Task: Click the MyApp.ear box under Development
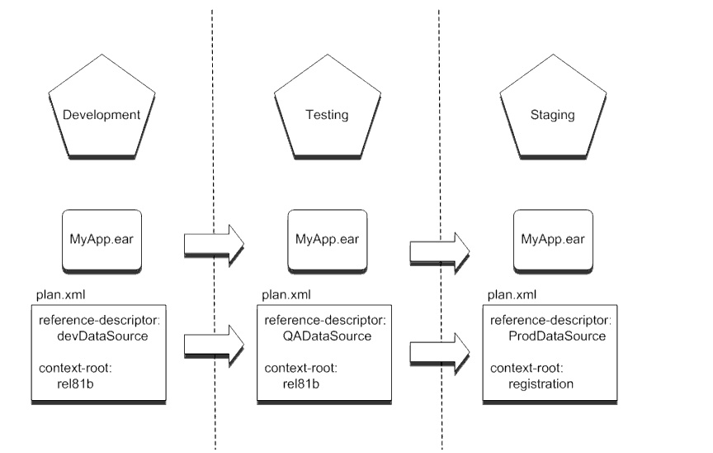102,240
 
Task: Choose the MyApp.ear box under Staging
552,240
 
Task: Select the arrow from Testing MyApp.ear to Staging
439,244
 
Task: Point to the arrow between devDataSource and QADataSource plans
214,344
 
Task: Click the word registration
541,384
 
